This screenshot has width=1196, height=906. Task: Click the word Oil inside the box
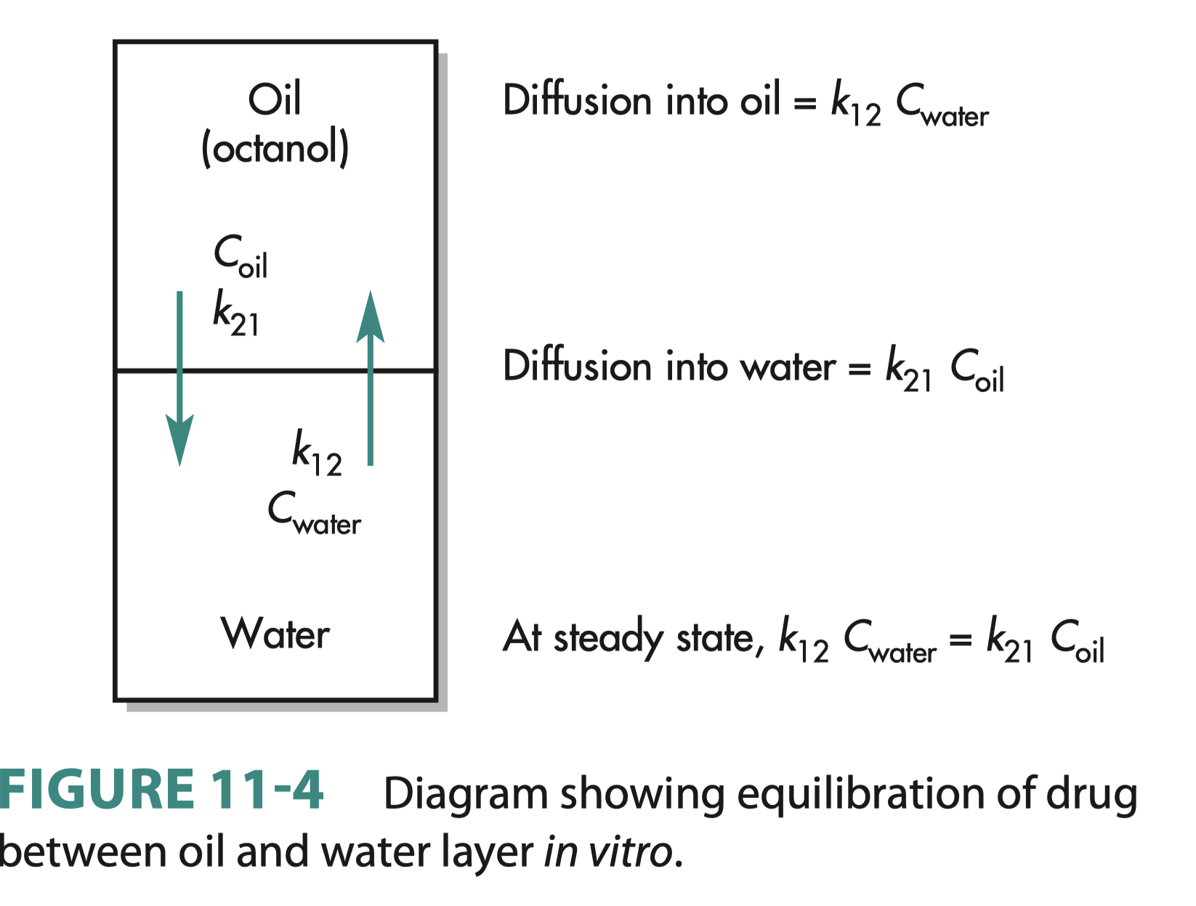[274, 99]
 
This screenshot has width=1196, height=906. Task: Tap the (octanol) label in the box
[275, 148]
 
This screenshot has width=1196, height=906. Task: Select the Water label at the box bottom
[275, 633]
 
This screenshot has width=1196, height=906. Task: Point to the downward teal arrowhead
[179, 439]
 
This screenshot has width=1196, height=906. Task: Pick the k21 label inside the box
[235, 314]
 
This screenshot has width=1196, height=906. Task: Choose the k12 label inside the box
[317, 453]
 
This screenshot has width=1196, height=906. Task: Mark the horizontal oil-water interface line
[276, 371]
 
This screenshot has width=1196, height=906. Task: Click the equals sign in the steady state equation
[960, 640]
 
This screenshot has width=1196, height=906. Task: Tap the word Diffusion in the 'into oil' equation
[576, 99]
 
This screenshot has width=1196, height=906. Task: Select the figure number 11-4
[267, 789]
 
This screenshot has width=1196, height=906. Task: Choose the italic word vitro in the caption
[631, 852]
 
